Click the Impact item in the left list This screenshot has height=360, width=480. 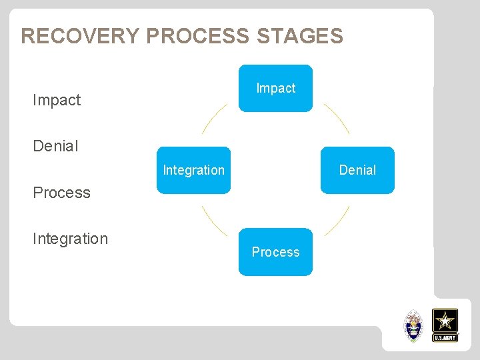click(x=57, y=100)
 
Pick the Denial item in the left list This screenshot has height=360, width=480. click(x=55, y=146)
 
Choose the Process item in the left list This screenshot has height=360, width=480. click(x=61, y=193)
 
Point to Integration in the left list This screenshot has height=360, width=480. click(x=70, y=239)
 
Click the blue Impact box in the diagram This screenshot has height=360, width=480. click(x=275, y=88)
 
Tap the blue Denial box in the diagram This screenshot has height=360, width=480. click(x=357, y=170)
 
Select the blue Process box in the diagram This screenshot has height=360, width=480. click(x=275, y=252)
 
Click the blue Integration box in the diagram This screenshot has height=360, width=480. click(x=193, y=170)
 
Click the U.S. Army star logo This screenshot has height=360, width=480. click(x=445, y=325)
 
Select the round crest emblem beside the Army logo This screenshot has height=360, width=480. click(x=414, y=325)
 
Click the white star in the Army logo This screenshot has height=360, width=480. click(x=445, y=321)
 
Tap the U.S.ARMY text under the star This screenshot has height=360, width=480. click(x=445, y=338)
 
